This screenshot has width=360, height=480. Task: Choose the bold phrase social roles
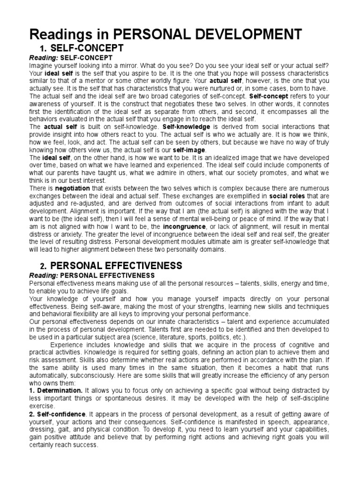[267, 195]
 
